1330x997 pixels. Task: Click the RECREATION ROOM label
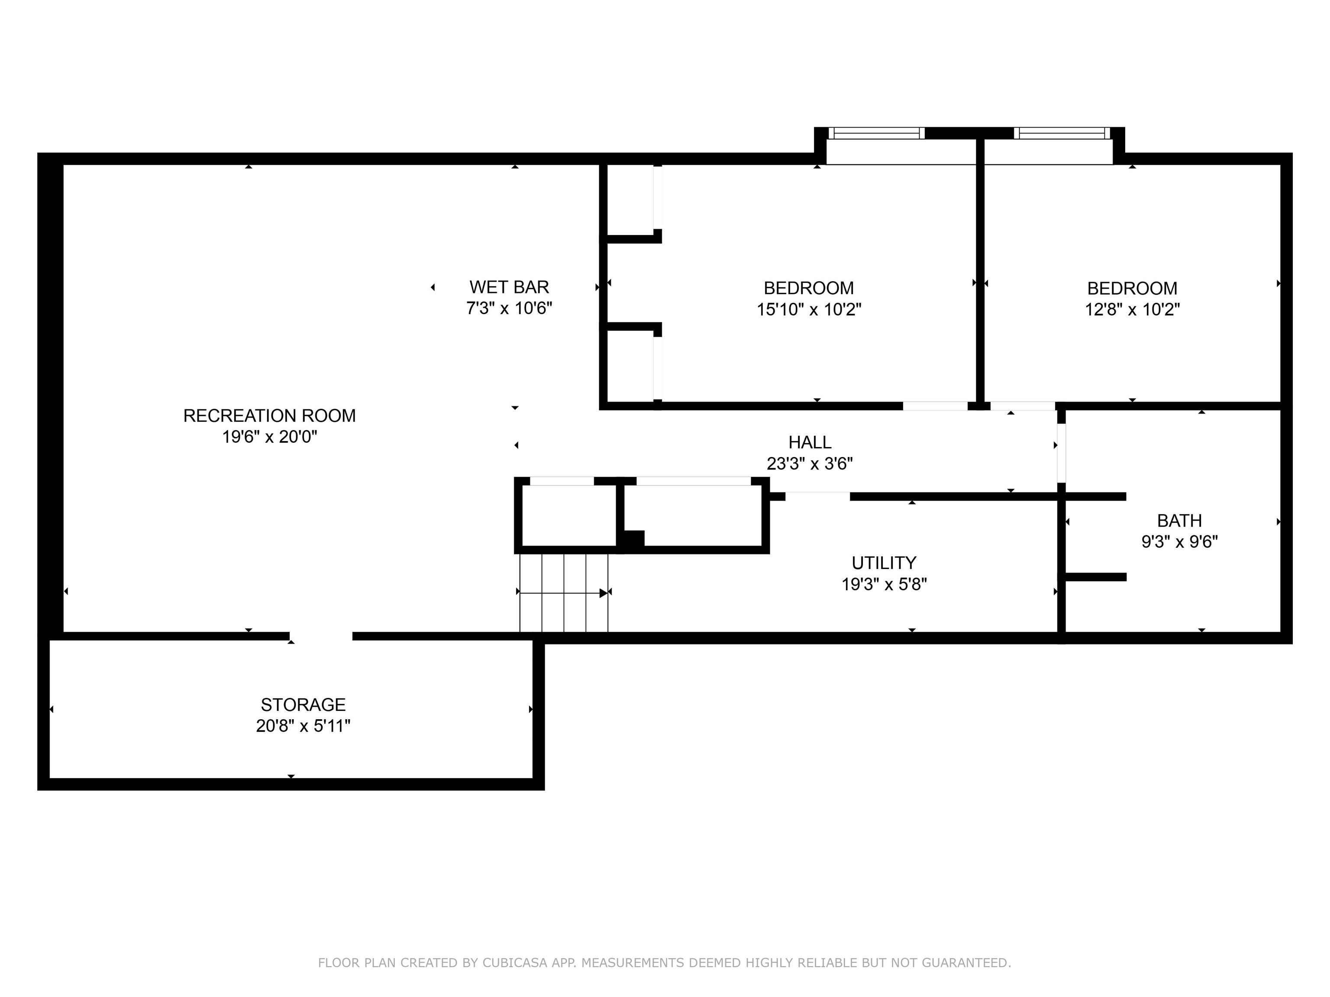[269, 416]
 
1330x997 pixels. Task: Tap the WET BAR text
[509, 287]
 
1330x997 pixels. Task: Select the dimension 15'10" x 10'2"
[809, 309]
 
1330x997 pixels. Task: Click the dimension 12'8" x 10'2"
[1132, 309]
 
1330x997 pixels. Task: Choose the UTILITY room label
[883, 563]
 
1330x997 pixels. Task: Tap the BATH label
[1179, 521]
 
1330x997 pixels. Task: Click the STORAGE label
[303, 704]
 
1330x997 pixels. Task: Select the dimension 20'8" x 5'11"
[303, 726]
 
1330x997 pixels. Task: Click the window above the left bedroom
[876, 133]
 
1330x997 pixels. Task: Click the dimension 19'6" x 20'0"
[269, 437]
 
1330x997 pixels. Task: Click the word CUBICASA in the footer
[515, 963]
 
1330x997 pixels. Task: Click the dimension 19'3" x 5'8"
[883, 584]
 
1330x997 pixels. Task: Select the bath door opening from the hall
[1061, 453]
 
